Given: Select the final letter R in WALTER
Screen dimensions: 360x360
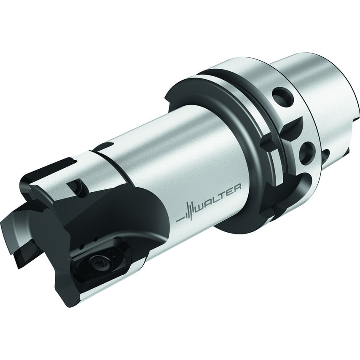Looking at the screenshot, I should pyautogui.click(x=237, y=187).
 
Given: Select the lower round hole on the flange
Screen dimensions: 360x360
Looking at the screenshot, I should pyautogui.click(x=306, y=153).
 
